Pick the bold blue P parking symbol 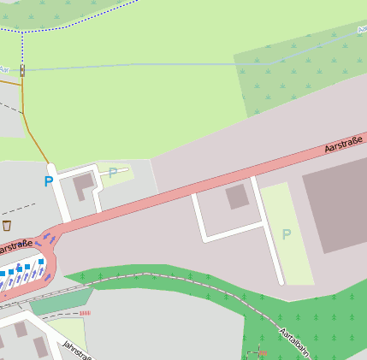click(x=48, y=181)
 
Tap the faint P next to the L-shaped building click(x=113, y=173)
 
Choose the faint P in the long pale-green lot click(x=287, y=233)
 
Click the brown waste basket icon click(x=7, y=225)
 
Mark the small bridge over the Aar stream click(x=22, y=70)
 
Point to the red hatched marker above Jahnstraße click(x=84, y=313)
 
